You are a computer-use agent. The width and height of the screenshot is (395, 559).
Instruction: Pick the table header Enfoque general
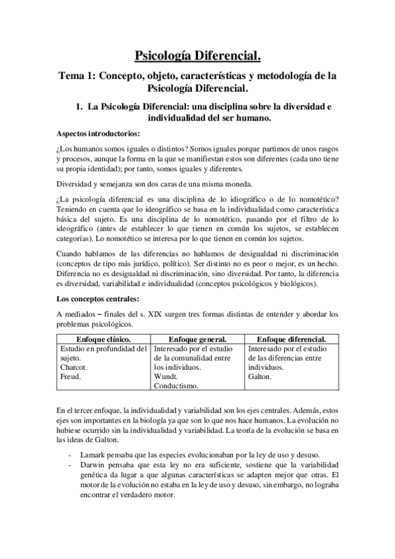[198, 339]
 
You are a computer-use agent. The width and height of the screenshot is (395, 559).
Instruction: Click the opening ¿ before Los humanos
[59, 148]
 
